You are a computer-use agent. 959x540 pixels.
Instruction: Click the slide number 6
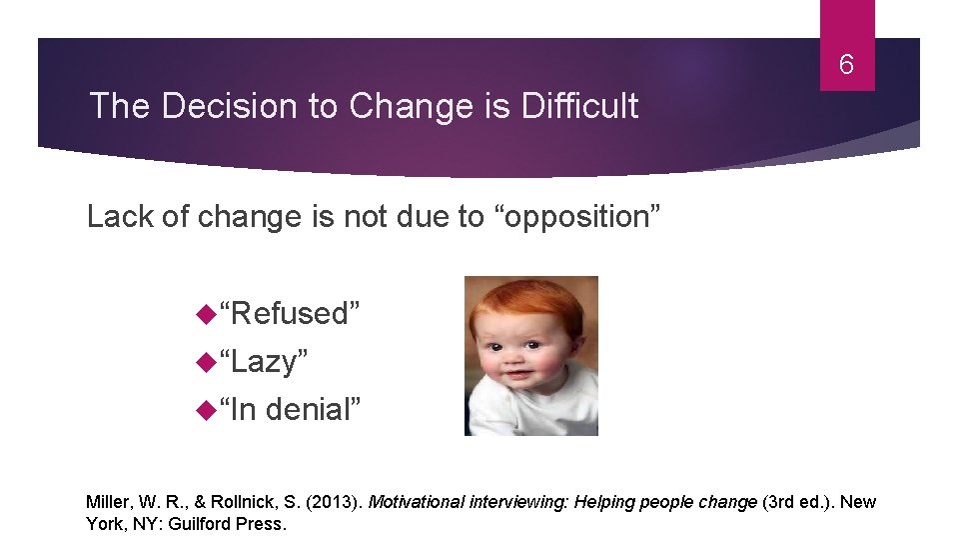coord(846,66)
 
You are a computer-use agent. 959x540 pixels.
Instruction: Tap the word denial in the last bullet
coord(312,409)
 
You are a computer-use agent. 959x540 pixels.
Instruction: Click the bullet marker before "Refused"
coord(206,314)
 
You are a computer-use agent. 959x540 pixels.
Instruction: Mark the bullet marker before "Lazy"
coord(206,362)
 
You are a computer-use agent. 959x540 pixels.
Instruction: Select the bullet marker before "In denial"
coord(206,410)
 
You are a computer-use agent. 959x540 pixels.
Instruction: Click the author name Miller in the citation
coord(106,502)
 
